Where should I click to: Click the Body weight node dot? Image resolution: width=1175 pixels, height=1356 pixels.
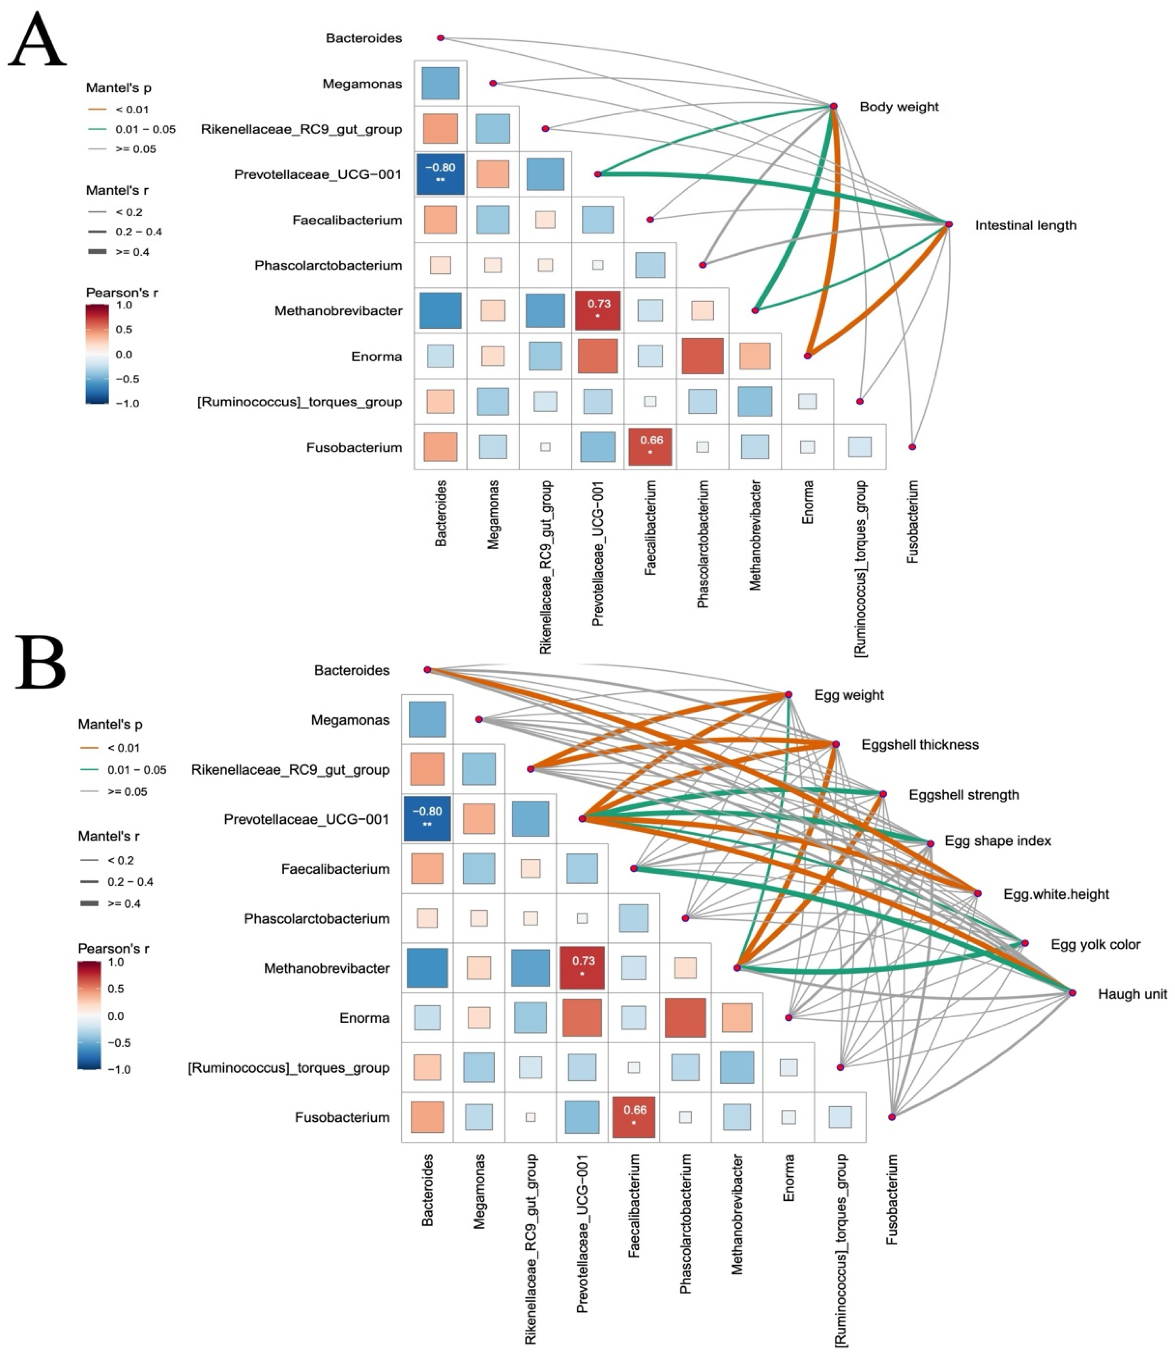[833, 106]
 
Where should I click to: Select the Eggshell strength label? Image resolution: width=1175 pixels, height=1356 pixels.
[963, 794]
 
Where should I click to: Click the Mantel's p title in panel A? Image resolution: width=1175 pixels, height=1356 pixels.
[119, 88]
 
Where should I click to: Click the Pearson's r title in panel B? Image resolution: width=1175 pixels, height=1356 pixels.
[114, 949]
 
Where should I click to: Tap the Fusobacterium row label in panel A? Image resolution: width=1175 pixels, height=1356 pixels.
[354, 447]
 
